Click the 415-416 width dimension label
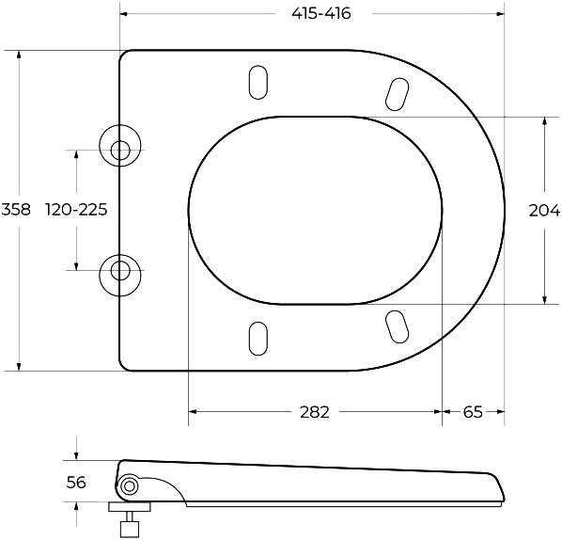click(x=321, y=13)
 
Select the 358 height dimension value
click(x=16, y=209)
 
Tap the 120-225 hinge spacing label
click(x=76, y=209)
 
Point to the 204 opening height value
click(x=544, y=210)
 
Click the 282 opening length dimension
click(x=314, y=412)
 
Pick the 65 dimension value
click(x=473, y=412)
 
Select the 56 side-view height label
click(x=76, y=483)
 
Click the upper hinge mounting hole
click(x=120, y=150)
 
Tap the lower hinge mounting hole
click(x=120, y=271)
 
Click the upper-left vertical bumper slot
click(x=258, y=82)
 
